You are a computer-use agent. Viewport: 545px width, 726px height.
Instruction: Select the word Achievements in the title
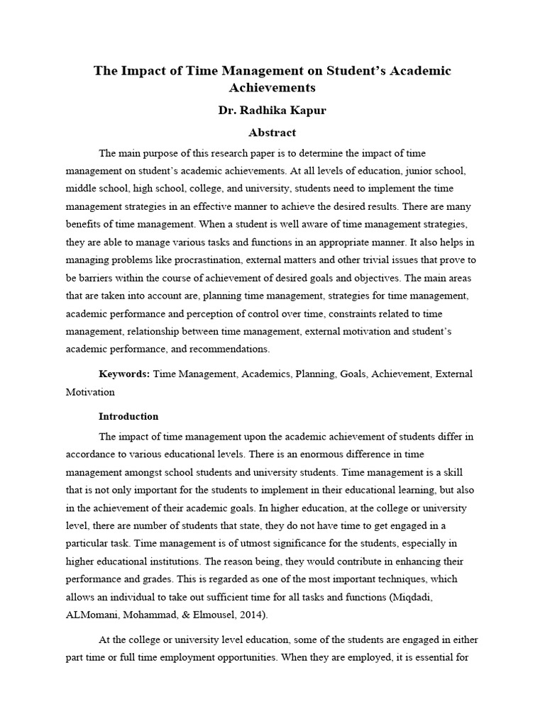coord(272,88)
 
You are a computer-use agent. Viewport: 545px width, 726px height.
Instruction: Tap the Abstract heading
coord(272,133)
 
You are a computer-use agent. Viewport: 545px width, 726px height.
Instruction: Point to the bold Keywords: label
coord(124,374)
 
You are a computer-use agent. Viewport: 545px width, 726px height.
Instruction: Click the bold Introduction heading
coord(128,416)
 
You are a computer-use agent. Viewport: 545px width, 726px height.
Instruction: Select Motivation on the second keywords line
coord(90,391)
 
